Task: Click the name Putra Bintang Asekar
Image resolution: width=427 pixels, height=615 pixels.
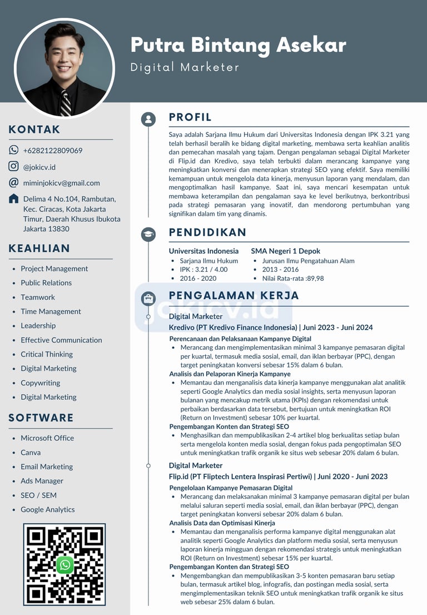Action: [x=238, y=44]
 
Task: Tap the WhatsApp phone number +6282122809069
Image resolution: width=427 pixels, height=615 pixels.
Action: [x=53, y=150]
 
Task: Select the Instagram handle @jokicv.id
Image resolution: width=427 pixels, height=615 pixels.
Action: [x=39, y=167]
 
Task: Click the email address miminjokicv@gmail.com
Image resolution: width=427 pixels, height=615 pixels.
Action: [x=61, y=183]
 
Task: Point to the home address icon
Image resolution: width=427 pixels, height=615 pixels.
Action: [x=14, y=199]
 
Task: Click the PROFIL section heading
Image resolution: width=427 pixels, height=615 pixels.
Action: [x=190, y=117]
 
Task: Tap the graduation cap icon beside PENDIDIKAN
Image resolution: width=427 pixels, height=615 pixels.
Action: [x=148, y=234]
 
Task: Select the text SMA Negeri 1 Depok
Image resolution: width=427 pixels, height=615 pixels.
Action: [x=285, y=251]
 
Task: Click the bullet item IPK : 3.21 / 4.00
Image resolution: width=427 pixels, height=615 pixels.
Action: [x=203, y=270]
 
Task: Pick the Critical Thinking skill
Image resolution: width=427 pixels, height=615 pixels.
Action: [x=47, y=354]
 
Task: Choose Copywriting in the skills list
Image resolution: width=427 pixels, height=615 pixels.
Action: [x=40, y=383]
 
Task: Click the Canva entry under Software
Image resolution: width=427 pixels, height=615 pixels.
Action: [x=31, y=452]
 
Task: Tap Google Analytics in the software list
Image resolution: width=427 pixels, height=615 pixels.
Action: [x=47, y=509]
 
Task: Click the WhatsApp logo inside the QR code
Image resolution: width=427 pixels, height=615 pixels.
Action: [x=65, y=565]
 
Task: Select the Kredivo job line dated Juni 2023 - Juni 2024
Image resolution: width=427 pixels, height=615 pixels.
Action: [x=271, y=328]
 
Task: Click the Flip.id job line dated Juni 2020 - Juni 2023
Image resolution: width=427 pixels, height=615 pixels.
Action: [x=278, y=477]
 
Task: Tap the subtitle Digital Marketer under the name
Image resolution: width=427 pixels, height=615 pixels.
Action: [x=185, y=67]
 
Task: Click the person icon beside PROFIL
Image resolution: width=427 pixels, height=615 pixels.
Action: [x=148, y=119]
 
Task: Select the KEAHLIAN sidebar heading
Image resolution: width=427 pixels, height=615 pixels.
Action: [x=39, y=249]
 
